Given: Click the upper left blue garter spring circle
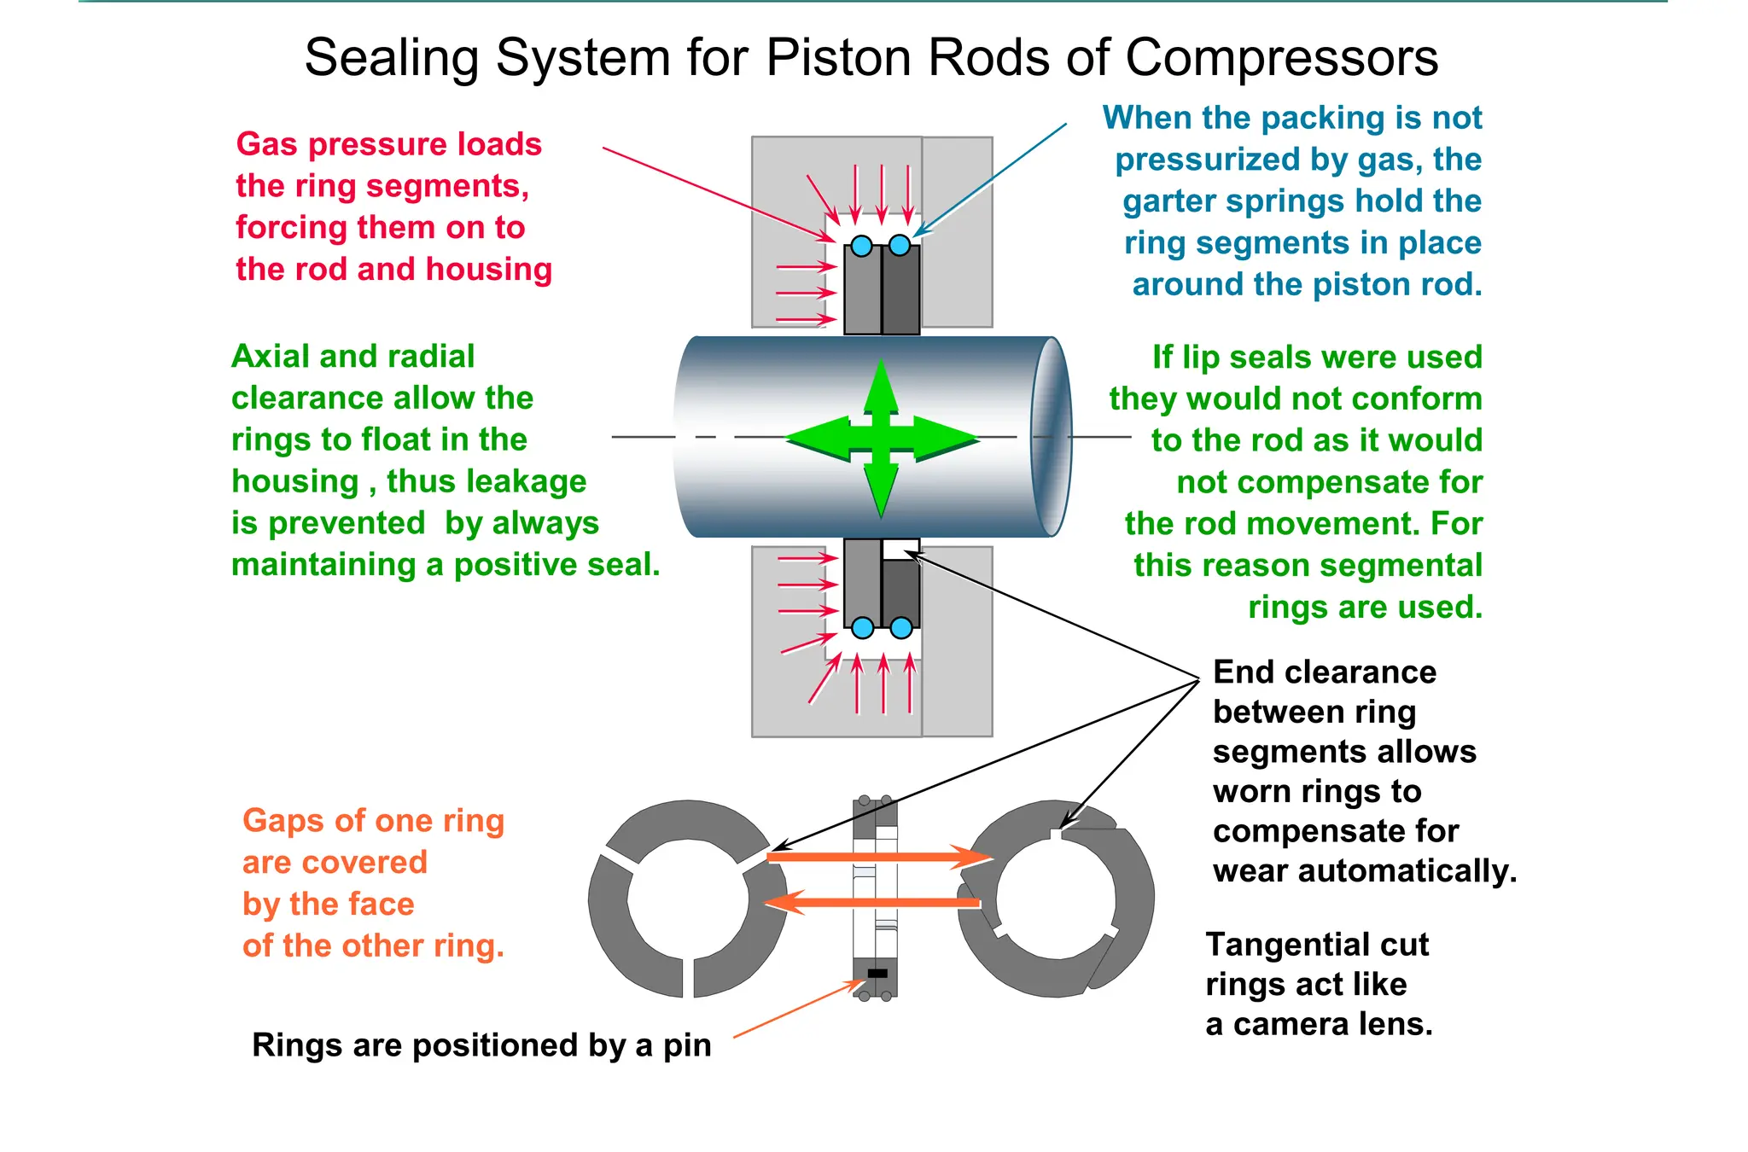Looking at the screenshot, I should (x=862, y=247).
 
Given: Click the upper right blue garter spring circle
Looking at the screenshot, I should (x=900, y=246).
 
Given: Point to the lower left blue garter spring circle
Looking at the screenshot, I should (x=863, y=628).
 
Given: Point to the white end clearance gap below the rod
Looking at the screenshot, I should (x=900, y=549).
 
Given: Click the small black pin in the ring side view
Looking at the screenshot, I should (x=877, y=973).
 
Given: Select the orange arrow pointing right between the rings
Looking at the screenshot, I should (x=879, y=857).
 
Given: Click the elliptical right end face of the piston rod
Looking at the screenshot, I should (x=1052, y=437).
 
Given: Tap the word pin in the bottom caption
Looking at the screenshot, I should (x=687, y=1045).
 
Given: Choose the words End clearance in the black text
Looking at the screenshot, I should (x=1324, y=672).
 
